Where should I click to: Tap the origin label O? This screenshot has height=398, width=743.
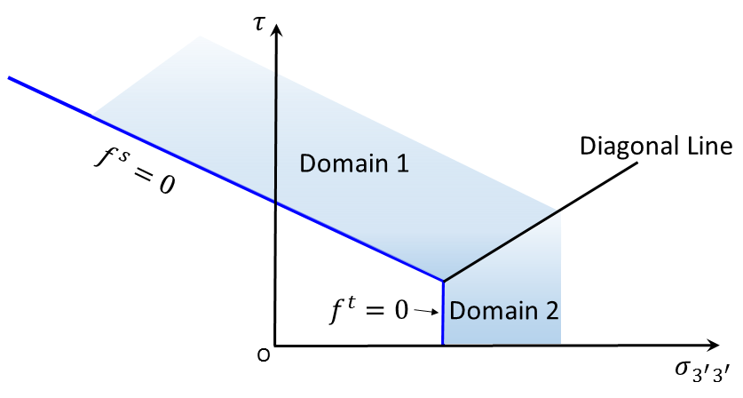pyautogui.click(x=263, y=356)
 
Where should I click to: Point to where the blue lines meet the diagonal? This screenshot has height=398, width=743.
pyautogui.click(x=443, y=281)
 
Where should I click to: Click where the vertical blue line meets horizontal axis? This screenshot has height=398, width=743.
pyautogui.click(x=443, y=345)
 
